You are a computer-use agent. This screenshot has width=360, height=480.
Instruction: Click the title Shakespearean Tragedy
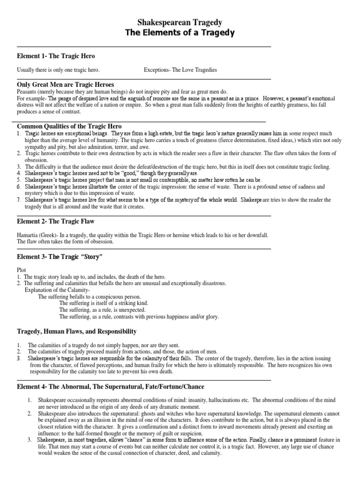point(180,22)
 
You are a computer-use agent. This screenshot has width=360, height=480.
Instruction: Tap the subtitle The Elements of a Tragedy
point(180,32)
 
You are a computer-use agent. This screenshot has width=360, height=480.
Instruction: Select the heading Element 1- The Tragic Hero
point(56,56)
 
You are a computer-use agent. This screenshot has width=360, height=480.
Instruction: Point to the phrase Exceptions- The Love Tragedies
point(180,70)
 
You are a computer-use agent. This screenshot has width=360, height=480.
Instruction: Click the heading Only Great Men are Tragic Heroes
point(66,85)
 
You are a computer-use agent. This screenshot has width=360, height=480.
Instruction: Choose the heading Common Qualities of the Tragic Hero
point(69,127)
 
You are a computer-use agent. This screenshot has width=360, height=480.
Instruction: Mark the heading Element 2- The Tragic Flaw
point(56,221)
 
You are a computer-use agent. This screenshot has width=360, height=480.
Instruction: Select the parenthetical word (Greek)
point(52,235)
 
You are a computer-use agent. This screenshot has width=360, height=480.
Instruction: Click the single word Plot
point(22,270)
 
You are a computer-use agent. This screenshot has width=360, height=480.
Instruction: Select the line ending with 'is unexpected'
point(102,310)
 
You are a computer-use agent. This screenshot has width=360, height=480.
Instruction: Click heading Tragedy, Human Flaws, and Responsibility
point(77,331)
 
